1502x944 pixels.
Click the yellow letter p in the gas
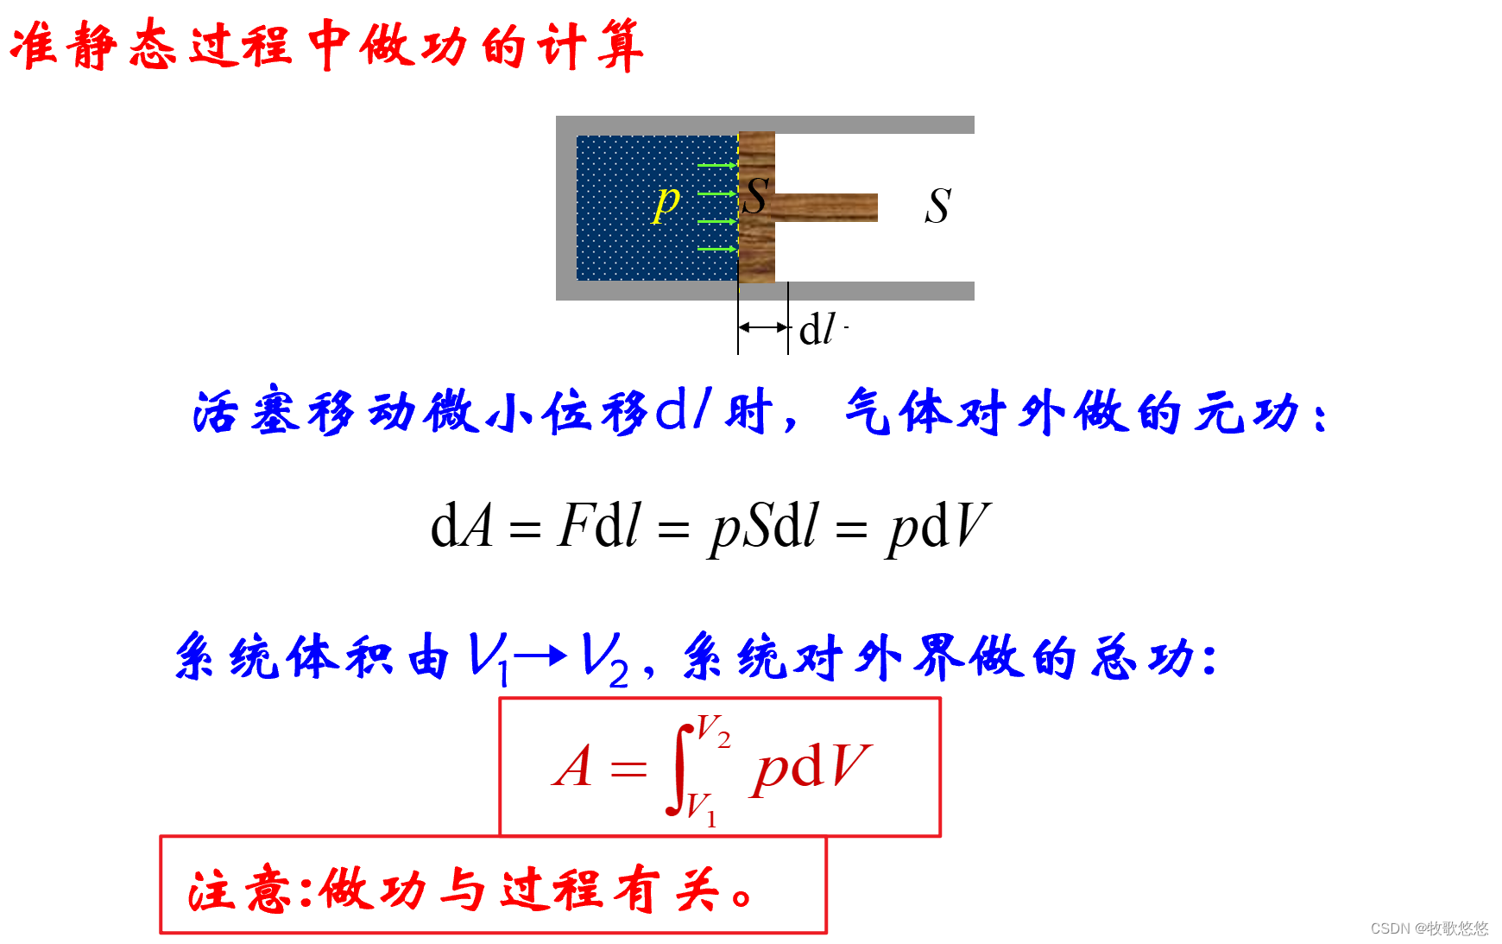pos(666,203)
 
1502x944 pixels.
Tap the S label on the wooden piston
pos(755,196)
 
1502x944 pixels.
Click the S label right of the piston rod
pos(937,206)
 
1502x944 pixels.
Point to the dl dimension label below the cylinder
pos(817,330)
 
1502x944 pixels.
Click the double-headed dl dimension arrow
pos(763,327)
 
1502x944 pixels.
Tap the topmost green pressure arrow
pos(716,165)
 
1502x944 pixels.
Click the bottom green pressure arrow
pos(716,249)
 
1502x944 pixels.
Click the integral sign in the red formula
pos(680,769)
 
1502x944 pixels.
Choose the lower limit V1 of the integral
pos(701,808)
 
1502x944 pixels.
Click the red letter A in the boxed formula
pos(573,766)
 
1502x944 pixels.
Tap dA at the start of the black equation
pos(462,526)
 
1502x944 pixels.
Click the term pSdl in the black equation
pos(764,526)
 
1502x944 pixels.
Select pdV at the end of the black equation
pos(938,526)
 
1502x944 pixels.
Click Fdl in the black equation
pos(599,526)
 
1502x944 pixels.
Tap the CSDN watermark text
pos(1429,928)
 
